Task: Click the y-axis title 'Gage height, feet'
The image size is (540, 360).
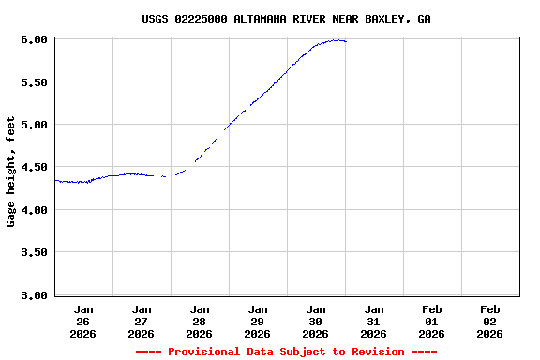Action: pos(11,172)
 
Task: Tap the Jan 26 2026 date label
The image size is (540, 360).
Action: pos(83,321)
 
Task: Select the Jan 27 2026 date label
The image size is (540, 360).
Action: pos(142,321)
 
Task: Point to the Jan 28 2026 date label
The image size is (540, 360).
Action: pos(200,321)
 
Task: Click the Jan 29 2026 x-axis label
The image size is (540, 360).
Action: pos(258,321)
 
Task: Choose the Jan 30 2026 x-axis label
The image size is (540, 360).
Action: pos(316,321)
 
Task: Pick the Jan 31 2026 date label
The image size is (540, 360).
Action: pos(374,321)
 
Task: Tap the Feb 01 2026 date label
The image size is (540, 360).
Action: pos(432,321)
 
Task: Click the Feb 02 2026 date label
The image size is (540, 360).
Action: pos(490,321)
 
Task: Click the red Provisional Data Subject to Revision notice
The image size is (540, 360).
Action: pos(286,352)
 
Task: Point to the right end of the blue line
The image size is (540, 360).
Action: pos(345,41)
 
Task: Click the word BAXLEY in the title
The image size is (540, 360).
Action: pos(384,19)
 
